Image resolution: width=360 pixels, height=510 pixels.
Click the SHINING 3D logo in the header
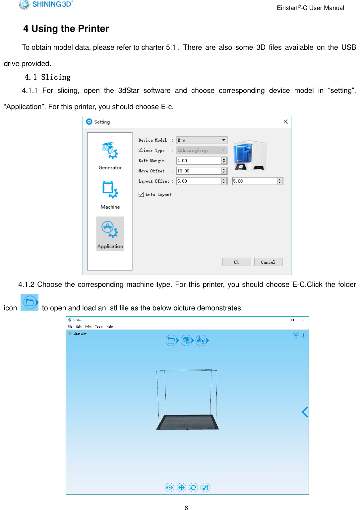click(x=46, y=4)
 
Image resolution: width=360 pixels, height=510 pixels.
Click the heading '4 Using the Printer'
click(x=66, y=29)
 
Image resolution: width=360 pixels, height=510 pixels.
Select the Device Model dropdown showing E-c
click(x=202, y=140)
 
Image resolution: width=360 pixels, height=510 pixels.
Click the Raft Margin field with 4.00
click(x=199, y=161)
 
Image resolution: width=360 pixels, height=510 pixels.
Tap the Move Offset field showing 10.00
click(x=199, y=171)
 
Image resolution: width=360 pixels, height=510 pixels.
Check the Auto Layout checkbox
click(x=142, y=194)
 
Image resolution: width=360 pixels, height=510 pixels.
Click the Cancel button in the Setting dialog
click(x=268, y=262)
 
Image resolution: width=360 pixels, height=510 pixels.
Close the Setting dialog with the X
click(x=285, y=122)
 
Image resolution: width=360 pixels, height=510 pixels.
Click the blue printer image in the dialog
click(x=249, y=156)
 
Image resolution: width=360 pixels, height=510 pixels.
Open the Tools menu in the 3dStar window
click(x=99, y=327)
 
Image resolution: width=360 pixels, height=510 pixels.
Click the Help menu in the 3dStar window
click(x=110, y=327)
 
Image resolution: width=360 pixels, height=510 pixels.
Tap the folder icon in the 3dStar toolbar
click(x=171, y=341)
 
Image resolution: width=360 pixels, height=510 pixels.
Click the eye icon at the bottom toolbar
click(x=170, y=487)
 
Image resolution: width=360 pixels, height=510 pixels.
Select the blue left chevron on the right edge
click(x=305, y=412)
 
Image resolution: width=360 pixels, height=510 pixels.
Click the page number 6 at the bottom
click(x=186, y=507)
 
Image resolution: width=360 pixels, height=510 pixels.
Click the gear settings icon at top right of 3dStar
click(x=296, y=335)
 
